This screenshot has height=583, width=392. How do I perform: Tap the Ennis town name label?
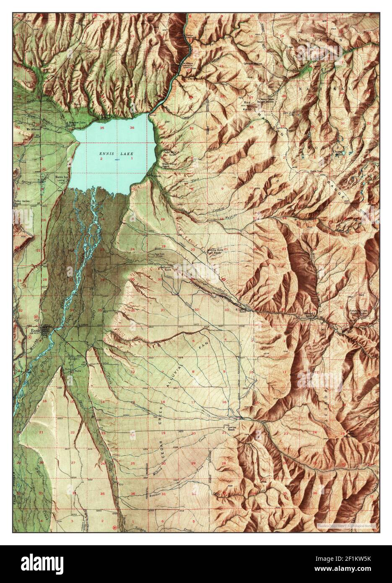36,330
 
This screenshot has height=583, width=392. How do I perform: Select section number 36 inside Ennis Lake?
132,128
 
